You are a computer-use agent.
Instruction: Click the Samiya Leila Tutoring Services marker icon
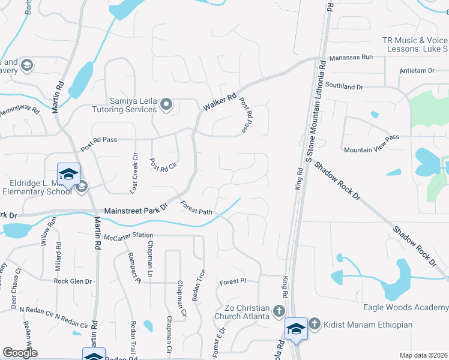pyautogui.click(x=167, y=106)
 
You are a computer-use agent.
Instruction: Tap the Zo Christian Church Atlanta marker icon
pyautogui.click(x=278, y=311)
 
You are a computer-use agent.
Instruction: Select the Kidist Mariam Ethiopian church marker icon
pyautogui.click(x=313, y=324)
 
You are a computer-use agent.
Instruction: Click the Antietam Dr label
pyautogui.click(x=417, y=71)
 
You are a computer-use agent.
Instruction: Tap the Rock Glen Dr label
pyautogui.click(x=73, y=281)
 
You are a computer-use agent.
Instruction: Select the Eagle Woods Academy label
pyautogui.click(x=406, y=307)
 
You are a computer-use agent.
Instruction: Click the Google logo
pyautogui.click(x=20, y=353)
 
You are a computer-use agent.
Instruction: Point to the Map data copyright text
pyautogui.click(x=423, y=355)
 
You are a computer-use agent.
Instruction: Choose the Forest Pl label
pyautogui.click(x=233, y=281)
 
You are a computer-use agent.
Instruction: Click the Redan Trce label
pyautogui.click(x=202, y=284)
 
